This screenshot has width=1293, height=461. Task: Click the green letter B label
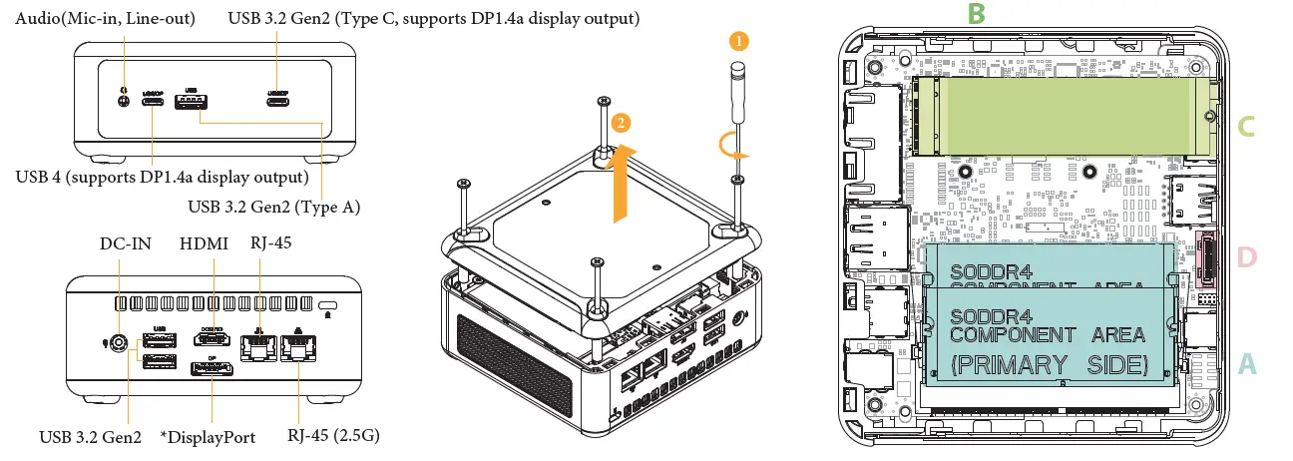tap(977, 13)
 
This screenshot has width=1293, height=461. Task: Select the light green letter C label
tap(1246, 127)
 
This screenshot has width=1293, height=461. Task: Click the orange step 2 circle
tap(621, 123)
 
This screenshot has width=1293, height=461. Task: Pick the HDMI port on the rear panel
tap(212, 340)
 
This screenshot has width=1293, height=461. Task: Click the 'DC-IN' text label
tap(125, 244)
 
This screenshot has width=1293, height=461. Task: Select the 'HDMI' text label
tap(204, 244)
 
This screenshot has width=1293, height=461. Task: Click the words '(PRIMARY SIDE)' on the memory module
tap(1049, 364)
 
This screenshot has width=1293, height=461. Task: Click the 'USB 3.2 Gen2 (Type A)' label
tap(273, 208)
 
